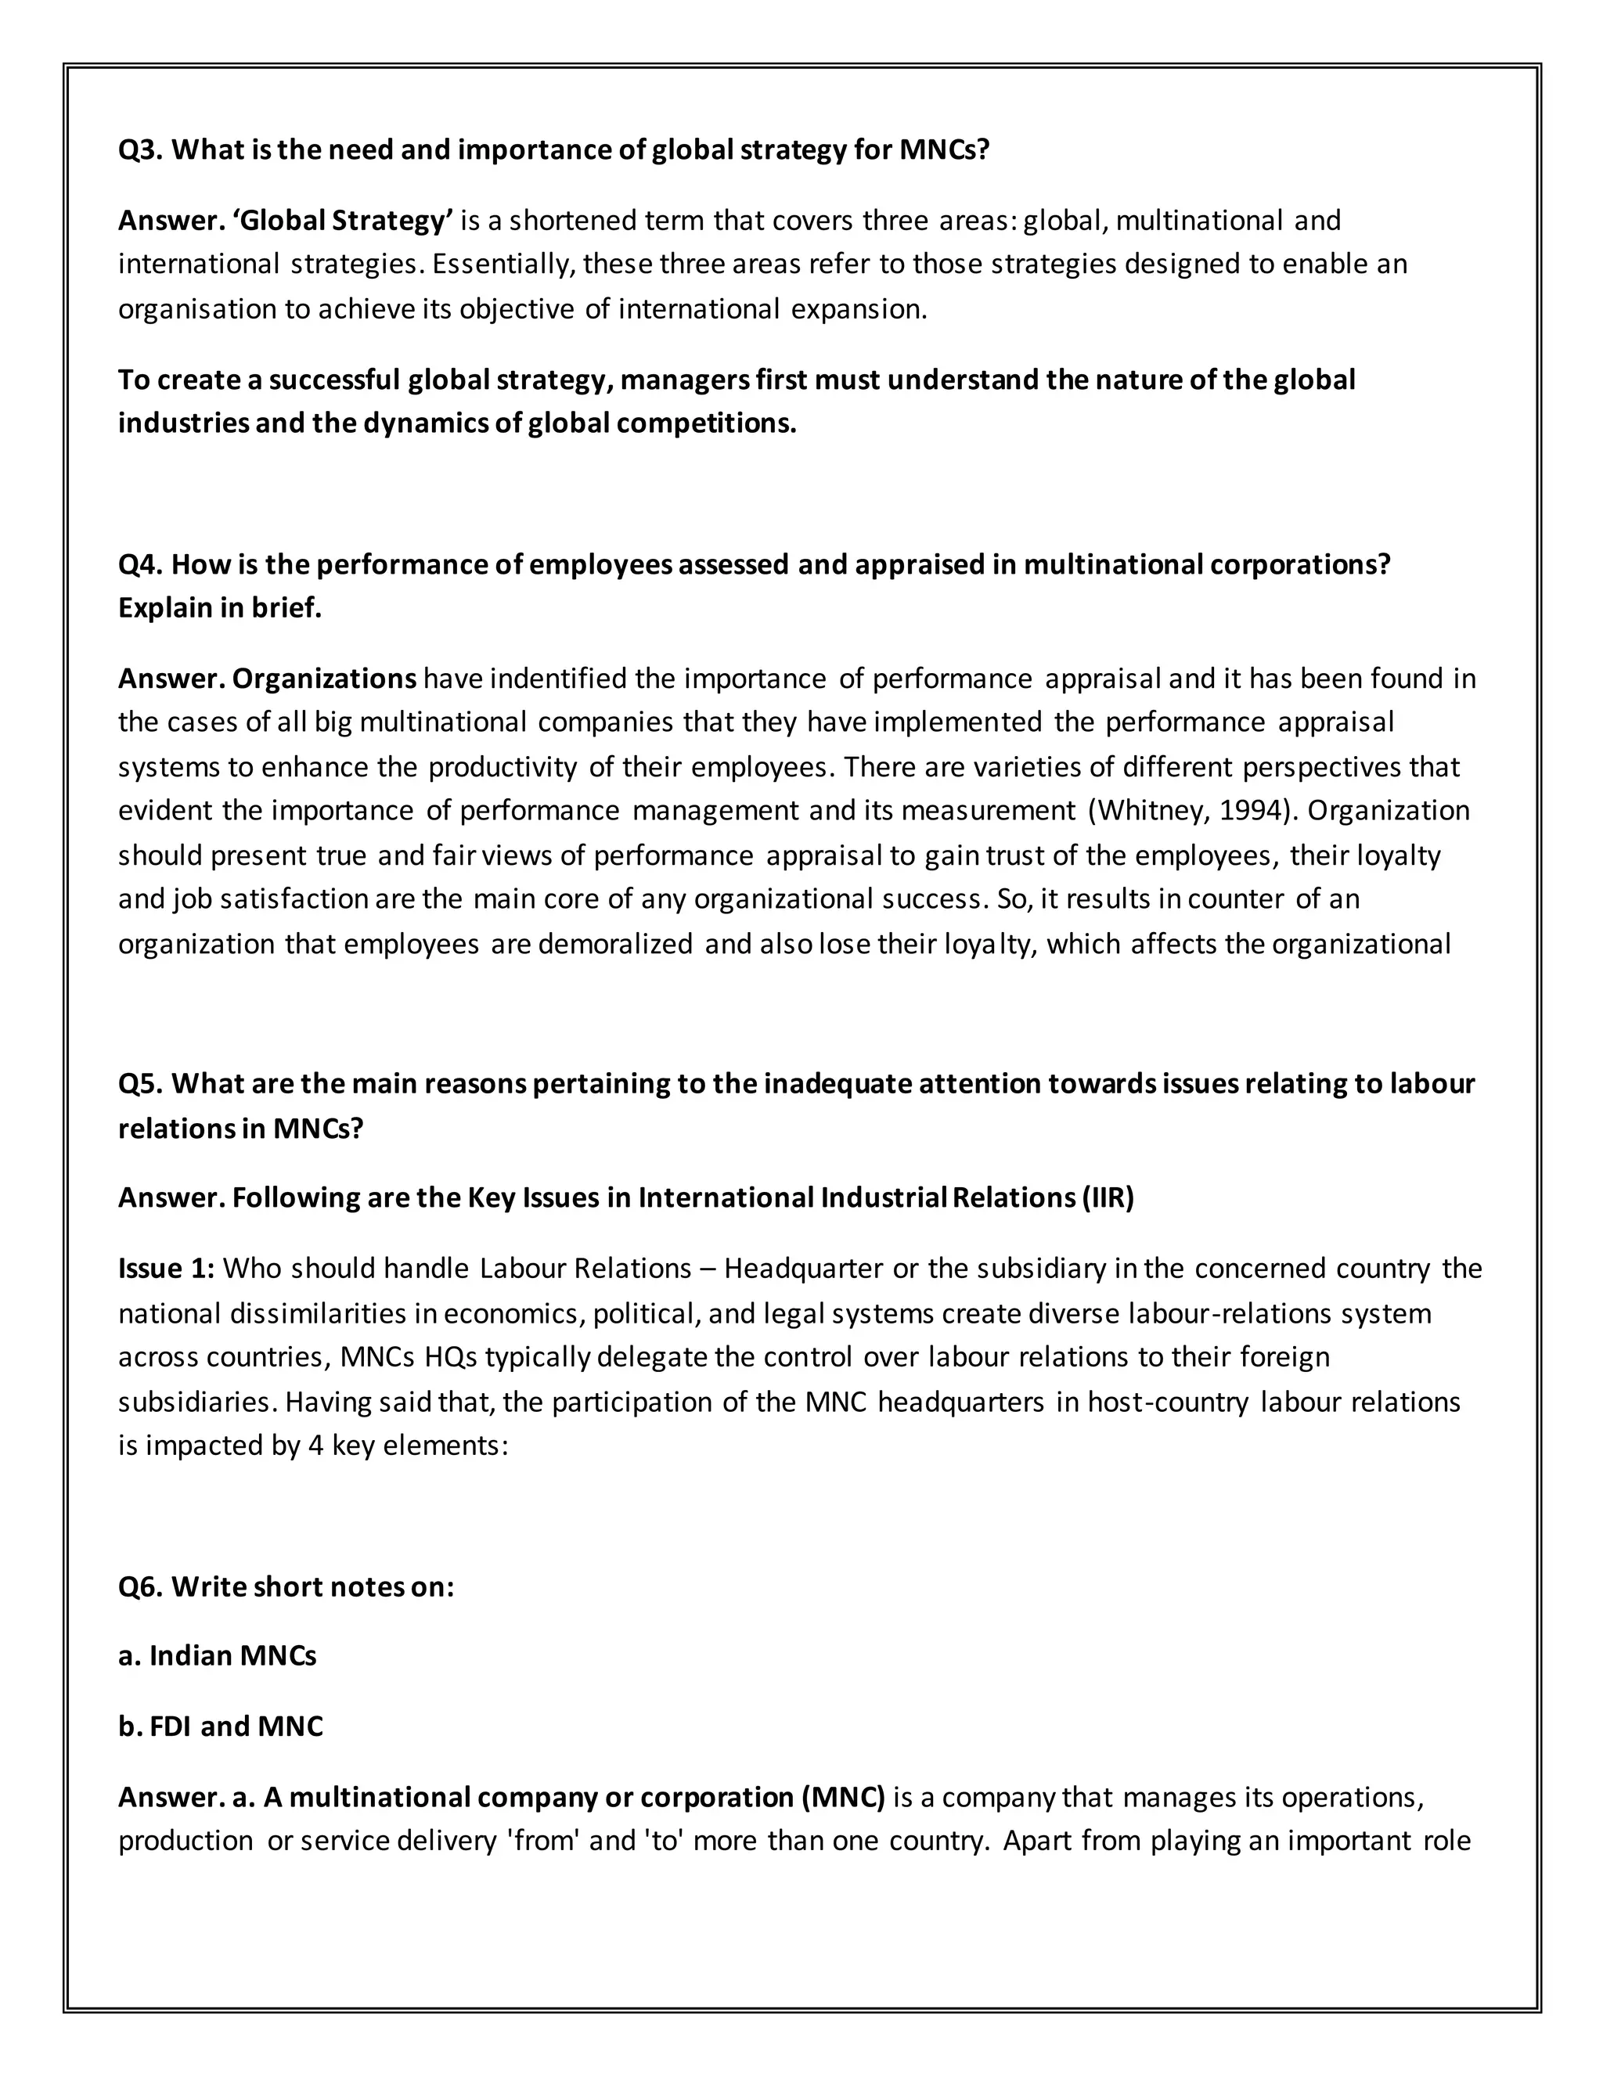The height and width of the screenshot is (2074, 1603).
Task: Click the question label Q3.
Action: pyautogui.click(x=141, y=150)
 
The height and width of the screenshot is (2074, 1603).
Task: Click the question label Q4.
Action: pyautogui.click(x=141, y=564)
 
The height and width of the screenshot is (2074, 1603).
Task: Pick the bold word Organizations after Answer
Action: pyautogui.click(x=324, y=679)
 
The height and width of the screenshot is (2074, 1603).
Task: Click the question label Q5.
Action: pyautogui.click(x=141, y=1083)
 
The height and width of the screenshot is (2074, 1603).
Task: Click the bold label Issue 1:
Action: pyautogui.click(x=166, y=1269)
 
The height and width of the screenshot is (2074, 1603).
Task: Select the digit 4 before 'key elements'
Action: pyautogui.click(x=316, y=1446)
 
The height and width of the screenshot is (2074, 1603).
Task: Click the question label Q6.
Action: pyautogui.click(x=141, y=1587)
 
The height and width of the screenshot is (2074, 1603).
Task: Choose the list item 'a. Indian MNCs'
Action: pyautogui.click(x=218, y=1656)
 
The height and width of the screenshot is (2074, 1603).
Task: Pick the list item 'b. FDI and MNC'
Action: pyautogui.click(x=220, y=1727)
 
